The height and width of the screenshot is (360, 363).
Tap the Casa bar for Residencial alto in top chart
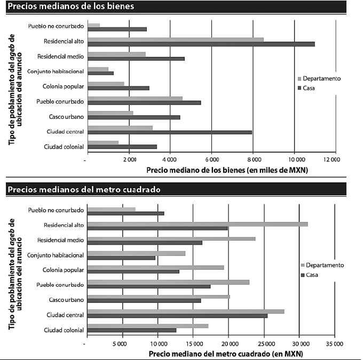[201, 44]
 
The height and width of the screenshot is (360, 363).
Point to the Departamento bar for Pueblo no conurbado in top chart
[93, 25]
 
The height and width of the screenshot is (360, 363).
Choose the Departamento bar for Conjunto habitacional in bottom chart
[136, 253]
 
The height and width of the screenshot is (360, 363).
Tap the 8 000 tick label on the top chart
[253, 159]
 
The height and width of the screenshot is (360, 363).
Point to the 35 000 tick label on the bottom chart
[334, 343]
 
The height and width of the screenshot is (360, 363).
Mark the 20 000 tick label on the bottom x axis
[228, 343]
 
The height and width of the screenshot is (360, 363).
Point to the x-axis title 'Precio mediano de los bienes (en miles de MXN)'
[227, 170]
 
